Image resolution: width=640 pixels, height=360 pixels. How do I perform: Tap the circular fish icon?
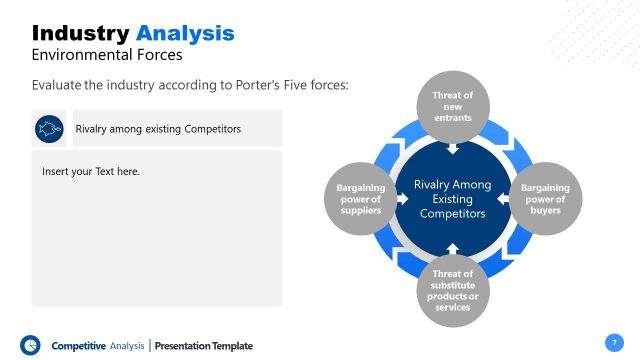pos(48,128)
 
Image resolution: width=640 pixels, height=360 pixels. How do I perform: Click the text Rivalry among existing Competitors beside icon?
pos(158,129)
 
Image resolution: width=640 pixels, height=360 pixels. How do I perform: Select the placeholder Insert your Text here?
pos(91,172)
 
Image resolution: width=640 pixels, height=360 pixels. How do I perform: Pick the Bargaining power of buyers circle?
pos(545,198)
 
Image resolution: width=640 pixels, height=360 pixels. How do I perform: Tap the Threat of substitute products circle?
pos(452,289)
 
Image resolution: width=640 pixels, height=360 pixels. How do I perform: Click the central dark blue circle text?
pos(452,198)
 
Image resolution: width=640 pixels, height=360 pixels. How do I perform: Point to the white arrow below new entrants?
pos(452,149)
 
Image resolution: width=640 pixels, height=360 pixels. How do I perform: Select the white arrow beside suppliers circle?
pos(403,198)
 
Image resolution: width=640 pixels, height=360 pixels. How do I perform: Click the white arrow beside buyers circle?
pos(502,198)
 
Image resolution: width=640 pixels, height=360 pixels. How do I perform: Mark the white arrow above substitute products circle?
pos(452,247)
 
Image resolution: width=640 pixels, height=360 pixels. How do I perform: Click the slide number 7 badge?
pos(613,342)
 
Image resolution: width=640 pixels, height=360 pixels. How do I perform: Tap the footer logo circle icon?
pos(30,344)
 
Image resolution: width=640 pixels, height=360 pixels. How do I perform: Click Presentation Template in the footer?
pos(204,346)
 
